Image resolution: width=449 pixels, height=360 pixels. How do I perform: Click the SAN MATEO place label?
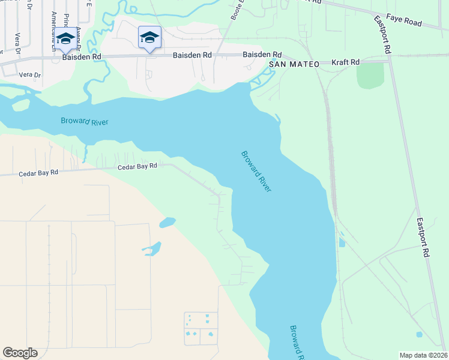pos(294,64)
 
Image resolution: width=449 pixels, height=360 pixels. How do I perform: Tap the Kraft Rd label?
pos(346,62)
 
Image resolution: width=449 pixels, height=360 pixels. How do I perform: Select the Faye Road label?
pos(405,22)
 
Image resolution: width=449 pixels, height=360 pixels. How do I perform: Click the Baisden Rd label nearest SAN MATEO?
pos(262,55)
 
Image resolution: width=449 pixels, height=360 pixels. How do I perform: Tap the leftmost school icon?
pos(65,39)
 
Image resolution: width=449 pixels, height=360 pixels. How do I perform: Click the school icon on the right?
pos(149,38)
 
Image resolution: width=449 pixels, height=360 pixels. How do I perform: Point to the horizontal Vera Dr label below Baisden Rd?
pos(29,75)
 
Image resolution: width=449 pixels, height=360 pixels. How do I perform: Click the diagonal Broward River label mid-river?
pos(257,171)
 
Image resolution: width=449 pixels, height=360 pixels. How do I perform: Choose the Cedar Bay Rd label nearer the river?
pos(137,166)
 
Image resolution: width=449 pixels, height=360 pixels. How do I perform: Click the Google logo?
pos(20,353)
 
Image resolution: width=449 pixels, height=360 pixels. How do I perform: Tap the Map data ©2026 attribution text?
pos(423,355)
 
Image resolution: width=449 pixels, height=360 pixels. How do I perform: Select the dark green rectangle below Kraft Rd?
pos(370,76)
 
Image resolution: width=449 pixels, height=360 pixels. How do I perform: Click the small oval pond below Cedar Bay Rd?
pos(167,223)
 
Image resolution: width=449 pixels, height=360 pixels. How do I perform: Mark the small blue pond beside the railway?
pos(342,242)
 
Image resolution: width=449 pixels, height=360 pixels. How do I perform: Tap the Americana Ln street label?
pos(54,27)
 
